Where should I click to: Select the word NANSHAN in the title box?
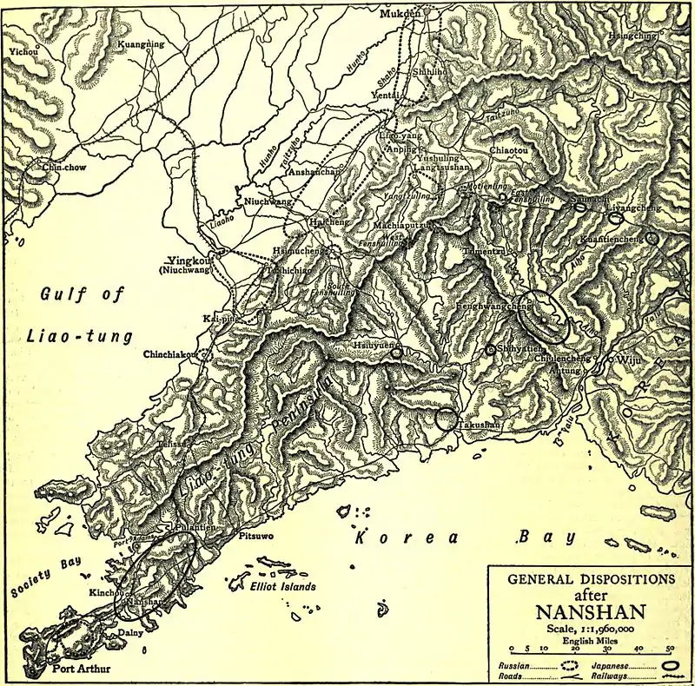point(579,609)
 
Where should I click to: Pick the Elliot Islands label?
point(277,586)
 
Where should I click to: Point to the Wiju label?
point(627,359)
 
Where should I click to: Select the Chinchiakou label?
point(171,353)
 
